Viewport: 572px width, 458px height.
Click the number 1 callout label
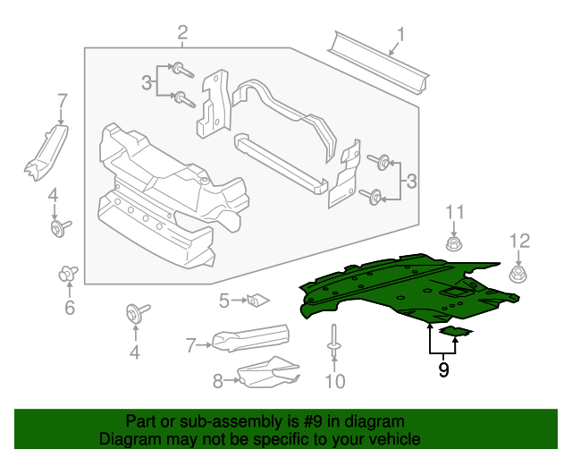[401, 36]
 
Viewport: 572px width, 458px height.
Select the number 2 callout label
[182, 34]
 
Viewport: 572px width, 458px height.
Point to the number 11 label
[456, 212]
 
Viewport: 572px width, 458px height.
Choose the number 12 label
[519, 240]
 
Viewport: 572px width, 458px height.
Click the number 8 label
[217, 381]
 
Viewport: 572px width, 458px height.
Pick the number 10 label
[333, 383]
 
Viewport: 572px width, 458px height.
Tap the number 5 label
[224, 301]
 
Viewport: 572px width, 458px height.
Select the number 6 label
[70, 309]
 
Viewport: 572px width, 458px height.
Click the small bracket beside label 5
[258, 299]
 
